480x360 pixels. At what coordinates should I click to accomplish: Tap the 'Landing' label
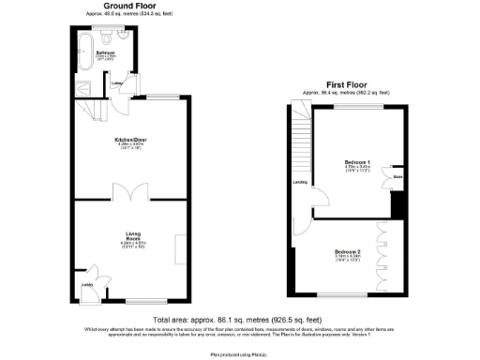click(300, 182)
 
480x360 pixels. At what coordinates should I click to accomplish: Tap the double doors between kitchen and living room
click(127, 193)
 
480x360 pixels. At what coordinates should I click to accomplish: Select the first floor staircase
click(301, 131)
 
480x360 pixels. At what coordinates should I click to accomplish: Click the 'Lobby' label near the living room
click(86, 283)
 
